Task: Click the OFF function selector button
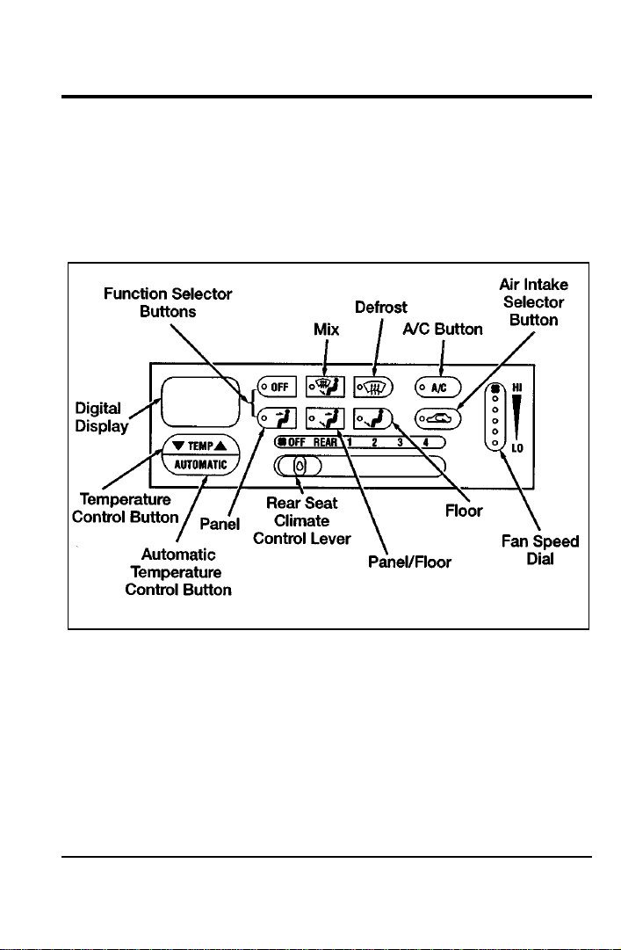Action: coord(277,387)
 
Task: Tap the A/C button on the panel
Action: coord(437,388)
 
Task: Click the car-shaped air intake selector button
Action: coord(437,418)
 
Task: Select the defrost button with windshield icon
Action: coord(373,387)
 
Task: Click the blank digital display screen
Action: coord(200,401)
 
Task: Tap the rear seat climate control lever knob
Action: coord(300,466)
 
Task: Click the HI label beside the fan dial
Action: coord(516,387)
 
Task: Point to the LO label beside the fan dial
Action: coord(516,448)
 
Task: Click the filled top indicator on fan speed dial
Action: coord(495,388)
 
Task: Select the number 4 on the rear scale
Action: coord(425,442)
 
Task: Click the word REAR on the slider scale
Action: coord(325,442)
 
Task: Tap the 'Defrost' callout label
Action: coord(381,308)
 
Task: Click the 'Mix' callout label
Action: coord(326,329)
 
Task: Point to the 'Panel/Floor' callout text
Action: coord(410,562)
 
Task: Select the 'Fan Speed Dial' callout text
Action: coord(540,550)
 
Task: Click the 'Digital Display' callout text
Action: coord(101,417)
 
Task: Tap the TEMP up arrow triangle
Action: coord(220,446)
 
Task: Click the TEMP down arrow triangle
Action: coord(178,446)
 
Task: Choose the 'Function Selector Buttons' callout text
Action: coord(169,302)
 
